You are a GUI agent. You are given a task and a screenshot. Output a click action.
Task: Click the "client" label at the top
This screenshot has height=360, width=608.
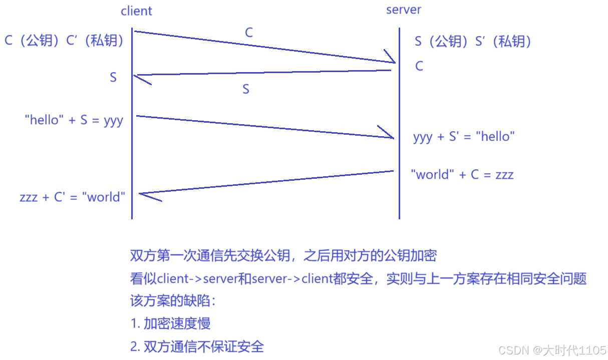[136, 11]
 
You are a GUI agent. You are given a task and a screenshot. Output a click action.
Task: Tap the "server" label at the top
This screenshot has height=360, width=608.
[404, 10]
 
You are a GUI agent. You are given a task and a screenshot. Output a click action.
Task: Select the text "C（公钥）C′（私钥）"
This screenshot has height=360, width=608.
[64, 41]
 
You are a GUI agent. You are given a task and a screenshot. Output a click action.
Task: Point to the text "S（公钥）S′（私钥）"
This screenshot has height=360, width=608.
[473, 41]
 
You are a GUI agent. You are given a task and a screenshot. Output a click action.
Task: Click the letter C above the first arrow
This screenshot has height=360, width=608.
[249, 33]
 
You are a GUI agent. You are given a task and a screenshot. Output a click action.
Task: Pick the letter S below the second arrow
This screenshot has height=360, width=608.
[246, 89]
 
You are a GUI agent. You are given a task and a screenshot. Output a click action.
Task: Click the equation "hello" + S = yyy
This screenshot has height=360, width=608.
[74, 120]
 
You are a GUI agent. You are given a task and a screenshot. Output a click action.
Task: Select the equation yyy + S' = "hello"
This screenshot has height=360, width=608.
[464, 136]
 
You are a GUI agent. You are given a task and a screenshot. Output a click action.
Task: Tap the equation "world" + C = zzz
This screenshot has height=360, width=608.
[462, 174]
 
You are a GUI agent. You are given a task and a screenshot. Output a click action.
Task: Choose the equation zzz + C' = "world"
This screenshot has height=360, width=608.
[72, 197]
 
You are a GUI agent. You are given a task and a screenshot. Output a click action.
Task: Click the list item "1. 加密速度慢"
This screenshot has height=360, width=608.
[170, 323]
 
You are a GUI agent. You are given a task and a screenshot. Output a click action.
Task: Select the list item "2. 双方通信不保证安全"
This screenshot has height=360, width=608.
[197, 346]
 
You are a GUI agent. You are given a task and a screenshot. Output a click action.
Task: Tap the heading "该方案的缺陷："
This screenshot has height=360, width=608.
[173, 301]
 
